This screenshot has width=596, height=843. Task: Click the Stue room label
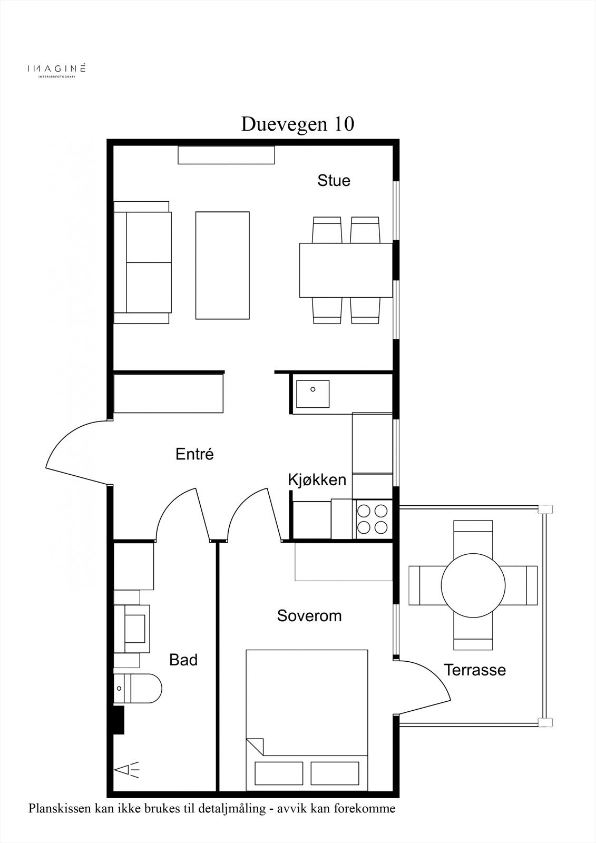(334, 181)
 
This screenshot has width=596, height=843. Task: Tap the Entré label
(194, 454)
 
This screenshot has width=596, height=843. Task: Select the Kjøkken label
(317, 480)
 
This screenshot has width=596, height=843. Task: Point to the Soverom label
(309, 616)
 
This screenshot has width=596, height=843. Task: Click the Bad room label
(183, 660)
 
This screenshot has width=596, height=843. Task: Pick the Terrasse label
(475, 670)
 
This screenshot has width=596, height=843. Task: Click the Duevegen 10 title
(297, 124)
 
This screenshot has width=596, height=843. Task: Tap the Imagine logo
(56, 69)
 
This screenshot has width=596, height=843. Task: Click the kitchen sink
(312, 394)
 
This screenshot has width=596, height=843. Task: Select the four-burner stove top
(372, 519)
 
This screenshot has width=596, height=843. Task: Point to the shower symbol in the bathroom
(126, 770)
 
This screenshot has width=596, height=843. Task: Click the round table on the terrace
(473, 585)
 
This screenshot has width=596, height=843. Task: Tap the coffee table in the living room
(222, 266)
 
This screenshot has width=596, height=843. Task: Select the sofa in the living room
(142, 262)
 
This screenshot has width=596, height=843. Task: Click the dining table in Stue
(346, 270)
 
